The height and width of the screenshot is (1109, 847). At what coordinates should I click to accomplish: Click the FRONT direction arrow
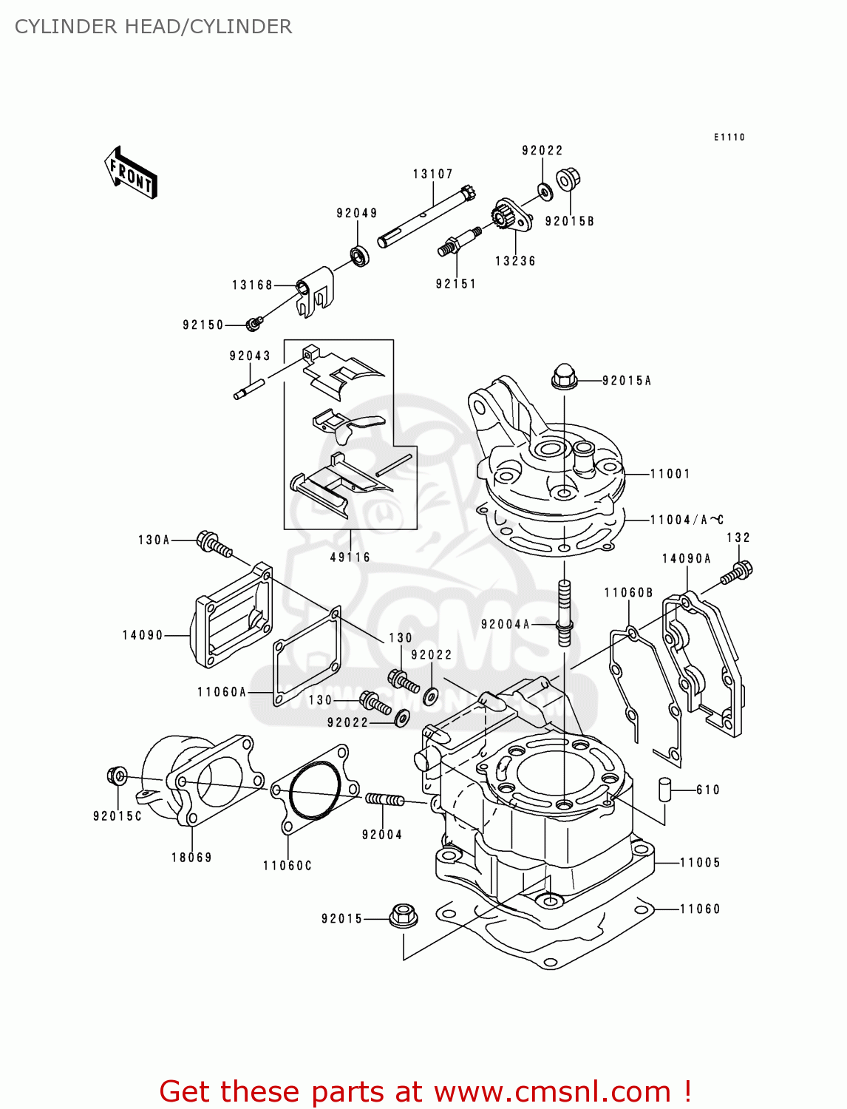(x=131, y=173)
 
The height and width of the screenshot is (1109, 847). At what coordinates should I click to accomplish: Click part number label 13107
(x=432, y=174)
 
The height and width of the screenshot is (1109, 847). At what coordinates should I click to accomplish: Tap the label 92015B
(x=569, y=221)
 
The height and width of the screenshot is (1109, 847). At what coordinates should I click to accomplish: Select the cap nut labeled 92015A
(x=563, y=378)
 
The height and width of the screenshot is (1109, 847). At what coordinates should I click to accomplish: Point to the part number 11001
(x=670, y=474)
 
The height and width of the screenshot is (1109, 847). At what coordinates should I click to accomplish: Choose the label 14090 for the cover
(x=143, y=635)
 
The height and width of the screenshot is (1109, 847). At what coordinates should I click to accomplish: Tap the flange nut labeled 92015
(x=402, y=916)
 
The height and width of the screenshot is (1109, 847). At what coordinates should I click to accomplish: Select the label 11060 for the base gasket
(x=699, y=909)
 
